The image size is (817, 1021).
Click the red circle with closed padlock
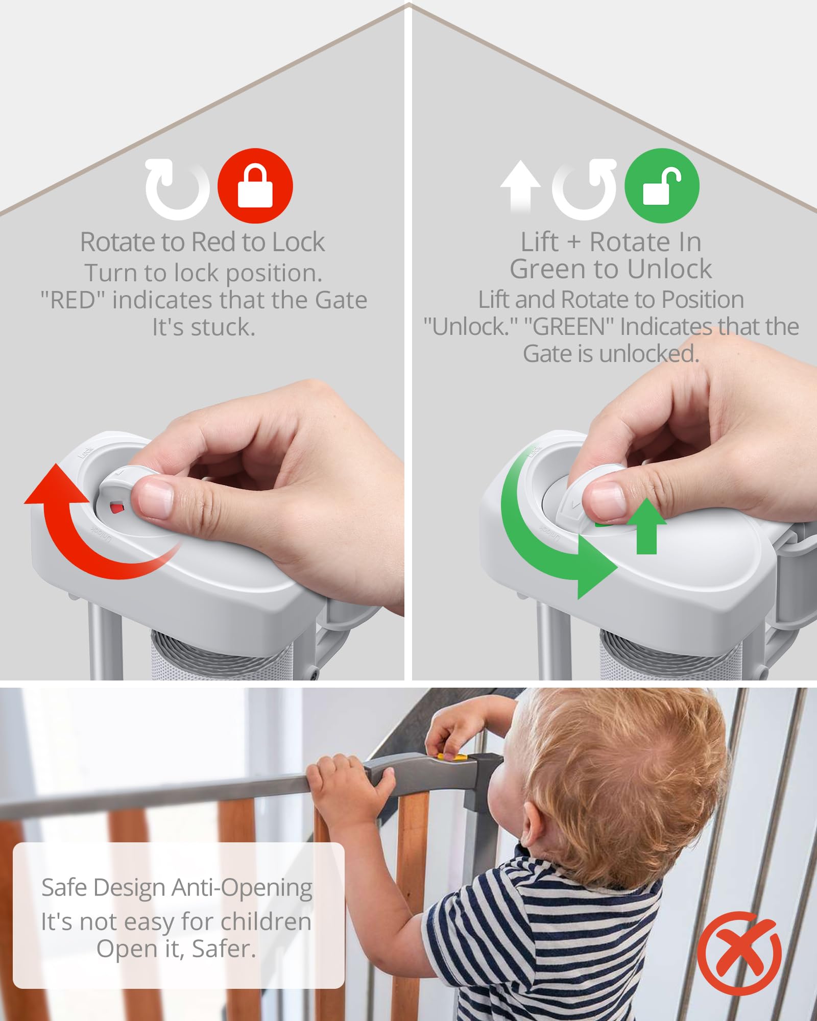(x=255, y=186)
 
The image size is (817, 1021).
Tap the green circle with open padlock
(x=662, y=186)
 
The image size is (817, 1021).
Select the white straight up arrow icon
(x=520, y=186)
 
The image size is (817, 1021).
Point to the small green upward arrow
(x=646, y=526)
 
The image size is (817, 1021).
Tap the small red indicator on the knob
(x=117, y=508)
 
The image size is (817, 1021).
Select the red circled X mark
(x=739, y=953)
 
